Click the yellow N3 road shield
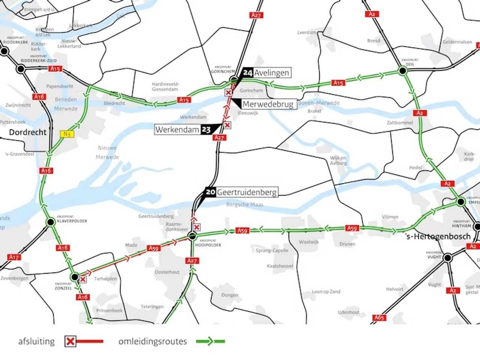point(67,134)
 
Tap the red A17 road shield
point(14,257)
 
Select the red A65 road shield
point(379,318)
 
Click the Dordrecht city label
point(28,132)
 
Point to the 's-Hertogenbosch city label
point(438,236)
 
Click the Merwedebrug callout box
point(267,104)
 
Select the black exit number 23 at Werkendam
point(206,130)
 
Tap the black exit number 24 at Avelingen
point(248,73)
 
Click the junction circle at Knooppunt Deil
point(402,70)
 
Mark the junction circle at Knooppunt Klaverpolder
point(50,222)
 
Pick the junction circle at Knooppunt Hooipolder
point(192,236)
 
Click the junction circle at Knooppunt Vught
point(447,258)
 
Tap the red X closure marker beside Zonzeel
point(83,279)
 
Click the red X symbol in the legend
point(70,341)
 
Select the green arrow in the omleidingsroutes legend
point(209,341)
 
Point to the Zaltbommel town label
point(400,123)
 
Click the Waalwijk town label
point(309,242)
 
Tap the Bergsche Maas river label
point(245,204)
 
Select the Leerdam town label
point(307,33)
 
